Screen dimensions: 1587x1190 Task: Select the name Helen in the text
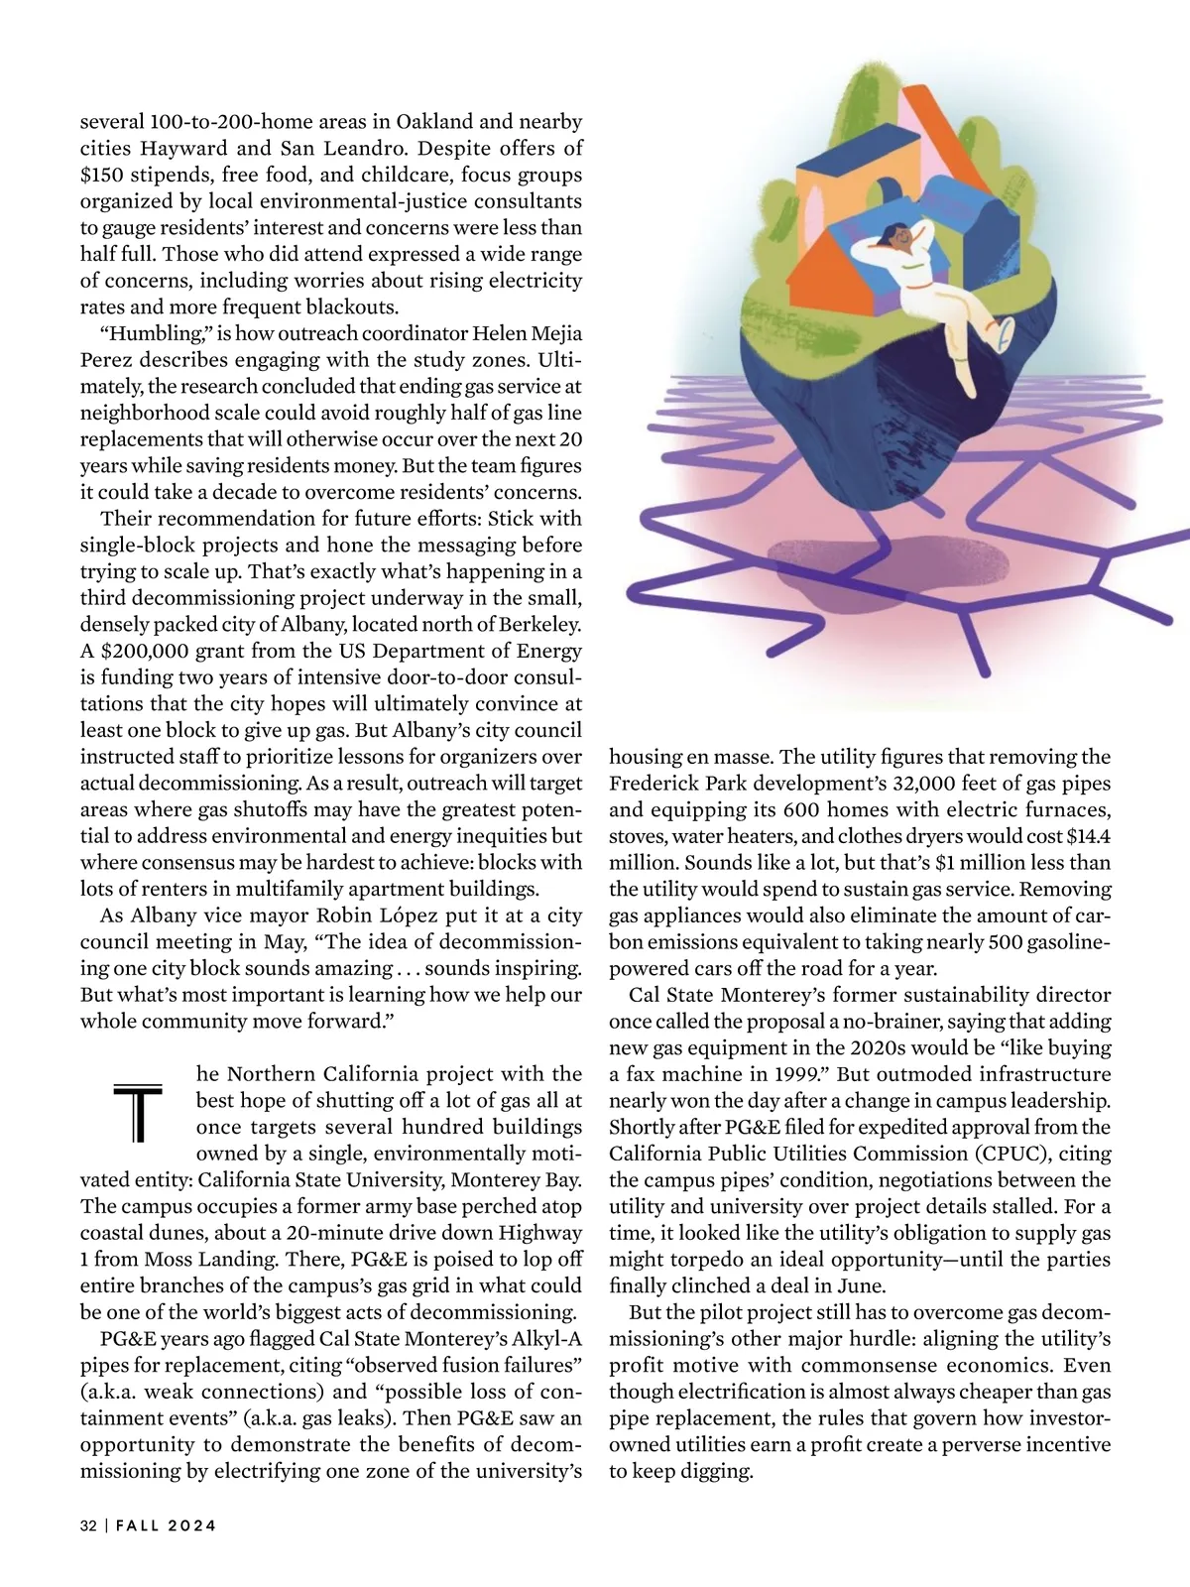coord(474,333)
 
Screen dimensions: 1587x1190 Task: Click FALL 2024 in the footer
coord(166,1526)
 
